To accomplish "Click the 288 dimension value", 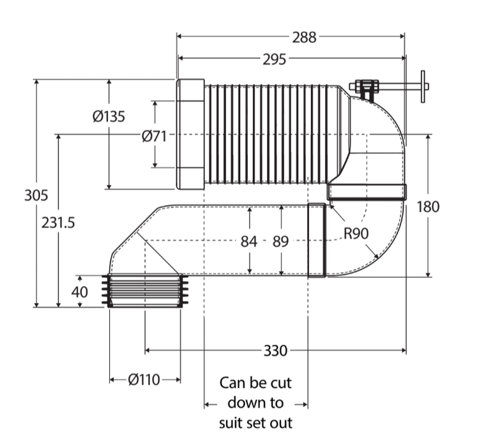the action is coord(303,37).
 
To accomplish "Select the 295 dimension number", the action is coord(275,59).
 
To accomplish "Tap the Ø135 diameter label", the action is coord(109,116).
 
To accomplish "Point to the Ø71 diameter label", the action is coord(154,137).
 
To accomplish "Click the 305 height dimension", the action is coord(36,195).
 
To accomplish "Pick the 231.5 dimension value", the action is coord(58,223).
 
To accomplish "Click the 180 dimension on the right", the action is coord(428,207).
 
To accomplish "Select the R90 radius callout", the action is coord(356,234).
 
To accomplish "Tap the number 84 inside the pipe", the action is coord(248,242).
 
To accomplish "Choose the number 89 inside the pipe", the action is coord(280,242).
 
